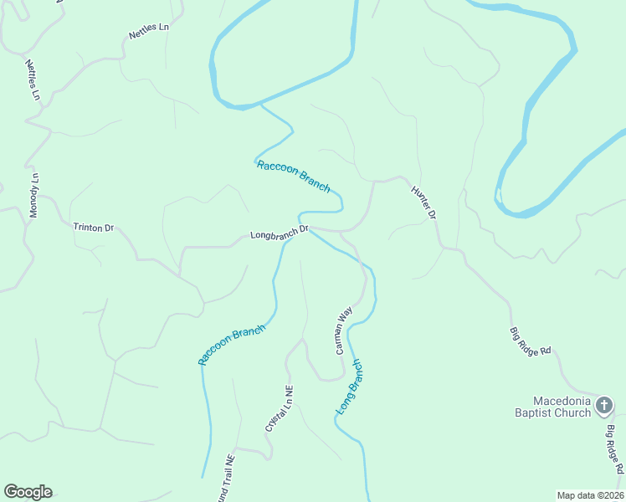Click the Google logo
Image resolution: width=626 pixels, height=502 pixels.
[28, 492]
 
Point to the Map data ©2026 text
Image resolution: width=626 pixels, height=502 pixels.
[590, 495]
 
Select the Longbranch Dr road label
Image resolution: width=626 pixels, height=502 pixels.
[280, 234]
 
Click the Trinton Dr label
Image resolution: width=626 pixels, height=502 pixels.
[93, 228]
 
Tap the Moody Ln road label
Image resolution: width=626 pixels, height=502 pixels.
[34, 197]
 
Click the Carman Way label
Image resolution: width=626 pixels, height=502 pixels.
[344, 330]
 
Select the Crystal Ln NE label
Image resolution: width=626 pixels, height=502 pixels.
[280, 408]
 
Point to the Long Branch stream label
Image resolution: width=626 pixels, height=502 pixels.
[350, 387]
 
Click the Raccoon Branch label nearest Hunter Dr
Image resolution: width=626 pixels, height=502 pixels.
[293, 176]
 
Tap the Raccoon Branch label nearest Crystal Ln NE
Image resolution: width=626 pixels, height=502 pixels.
[232, 344]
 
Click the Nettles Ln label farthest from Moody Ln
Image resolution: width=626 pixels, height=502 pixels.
[149, 31]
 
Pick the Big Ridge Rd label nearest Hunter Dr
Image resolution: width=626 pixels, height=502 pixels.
[530, 341]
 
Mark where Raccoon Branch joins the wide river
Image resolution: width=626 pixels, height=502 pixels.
[260, 105]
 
